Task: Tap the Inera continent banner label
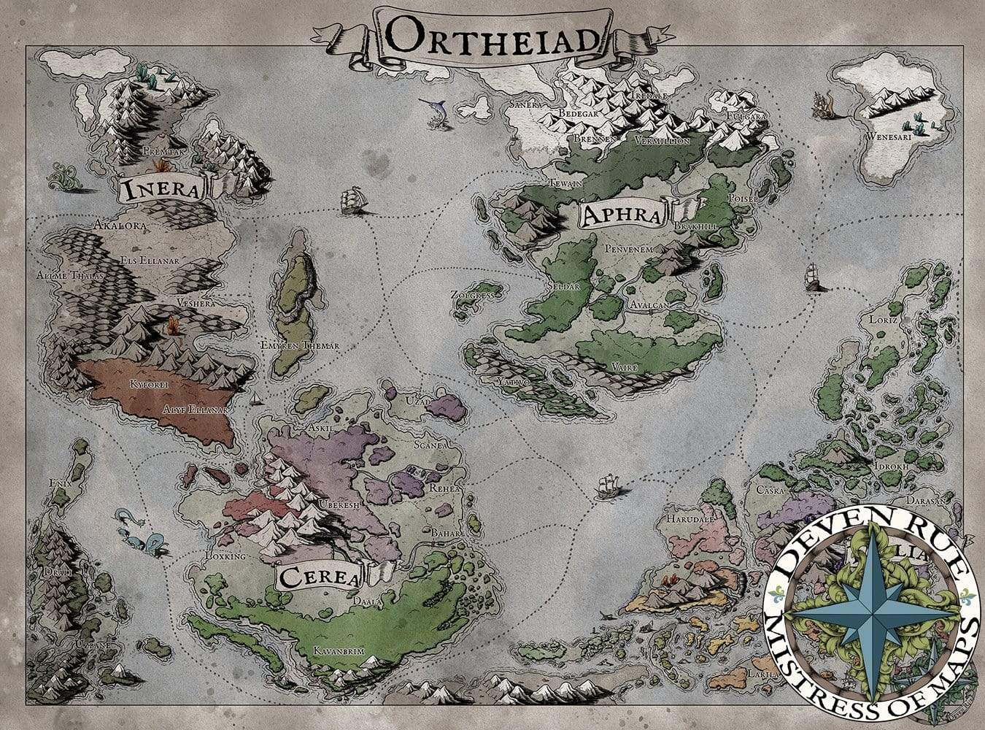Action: tap(162, 191)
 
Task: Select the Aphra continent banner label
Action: tap(621, 215)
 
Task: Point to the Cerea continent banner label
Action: tap(319, 578)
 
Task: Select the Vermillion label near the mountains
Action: tap(662, 140)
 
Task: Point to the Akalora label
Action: tap(120, 226)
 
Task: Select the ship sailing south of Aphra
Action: tap(607, 487)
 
